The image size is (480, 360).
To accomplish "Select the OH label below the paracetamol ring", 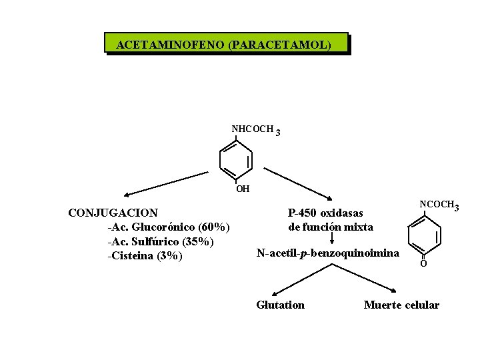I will [x=243, y=189].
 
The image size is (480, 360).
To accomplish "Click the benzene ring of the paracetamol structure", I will [x=236, y=160].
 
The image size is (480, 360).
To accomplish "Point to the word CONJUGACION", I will [x=113, y=213].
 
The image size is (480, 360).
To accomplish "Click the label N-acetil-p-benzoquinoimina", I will [x=328, y=253].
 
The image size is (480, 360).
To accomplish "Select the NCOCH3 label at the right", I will [x=438, y=205].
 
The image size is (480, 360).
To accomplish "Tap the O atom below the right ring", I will [x=423, y=265].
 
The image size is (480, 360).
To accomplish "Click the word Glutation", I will [x=280, y=305].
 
